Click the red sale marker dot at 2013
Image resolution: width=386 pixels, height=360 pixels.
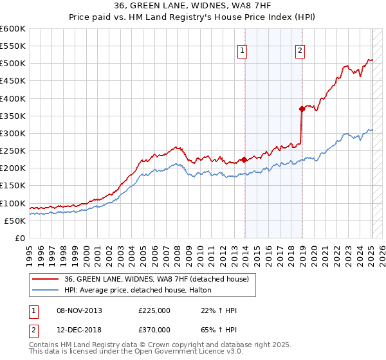pos(244,160)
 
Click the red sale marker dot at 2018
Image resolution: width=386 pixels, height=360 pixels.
pos(301,109)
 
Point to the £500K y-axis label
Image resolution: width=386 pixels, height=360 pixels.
pos(13,64)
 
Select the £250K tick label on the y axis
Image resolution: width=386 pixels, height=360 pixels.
pos(13,151)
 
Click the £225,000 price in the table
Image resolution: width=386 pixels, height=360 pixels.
pos(154,310)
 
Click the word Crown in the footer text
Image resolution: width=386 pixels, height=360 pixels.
pos(169,345)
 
